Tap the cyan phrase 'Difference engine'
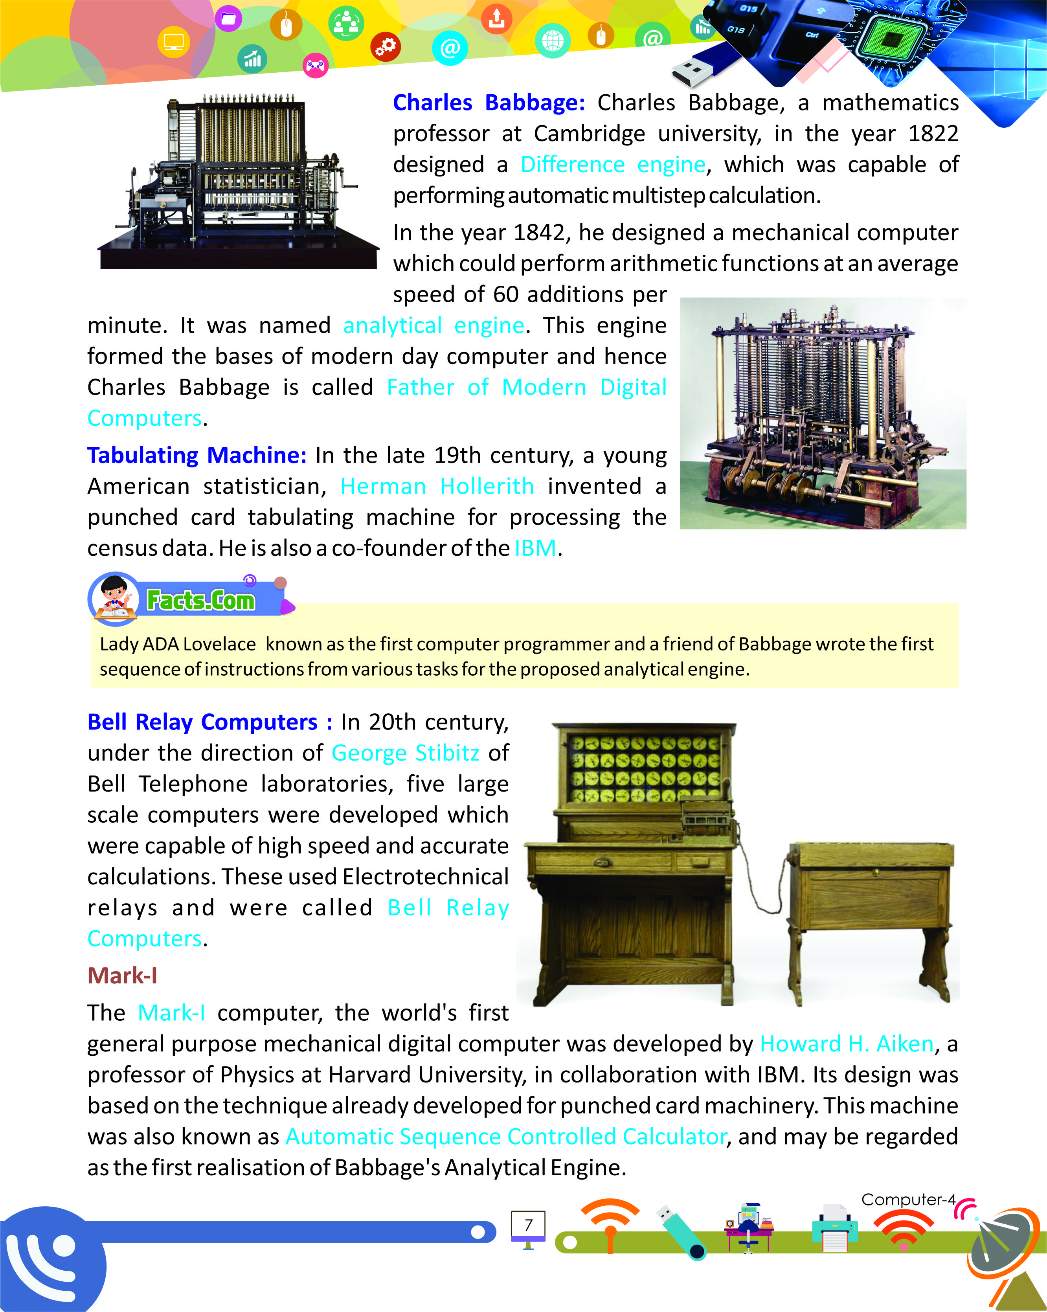point(613,164)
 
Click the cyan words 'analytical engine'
point(433,325)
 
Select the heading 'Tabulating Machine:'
point(197,455)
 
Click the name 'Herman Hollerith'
point(436,486)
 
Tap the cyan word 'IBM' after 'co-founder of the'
point(535,548)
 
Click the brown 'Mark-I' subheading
point(122,976)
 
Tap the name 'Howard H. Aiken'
point(846,1044)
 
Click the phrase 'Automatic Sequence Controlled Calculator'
point(506,1136)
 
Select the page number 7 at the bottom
point(528,1224)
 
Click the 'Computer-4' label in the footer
point(908,1200)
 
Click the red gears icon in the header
point(386,46)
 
